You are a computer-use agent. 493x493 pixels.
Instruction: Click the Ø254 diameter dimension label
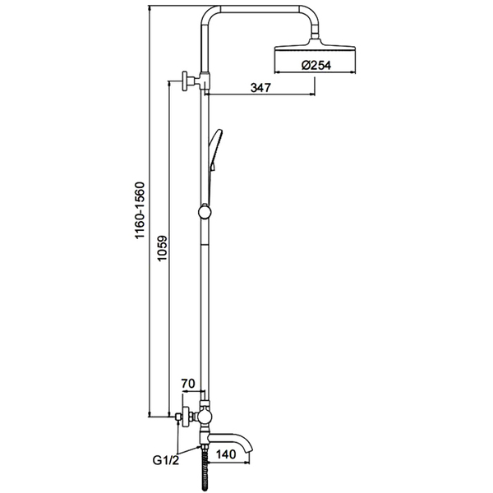coord(316,65)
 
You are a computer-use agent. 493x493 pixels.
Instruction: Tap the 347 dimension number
coord(260,87)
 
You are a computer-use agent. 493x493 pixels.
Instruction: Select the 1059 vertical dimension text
coord(163,248)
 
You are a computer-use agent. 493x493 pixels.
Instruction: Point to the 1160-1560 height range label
coord(140,210)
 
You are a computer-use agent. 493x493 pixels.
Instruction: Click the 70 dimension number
coord(188,384)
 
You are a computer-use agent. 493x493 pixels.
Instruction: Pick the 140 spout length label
coord(225,454)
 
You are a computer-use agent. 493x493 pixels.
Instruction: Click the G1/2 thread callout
coord(166,460)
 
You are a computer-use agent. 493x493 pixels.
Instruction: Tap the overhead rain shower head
coord(315,49)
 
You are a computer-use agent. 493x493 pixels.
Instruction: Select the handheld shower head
coord(216,149)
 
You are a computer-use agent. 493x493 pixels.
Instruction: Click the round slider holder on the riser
coord(205,212)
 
